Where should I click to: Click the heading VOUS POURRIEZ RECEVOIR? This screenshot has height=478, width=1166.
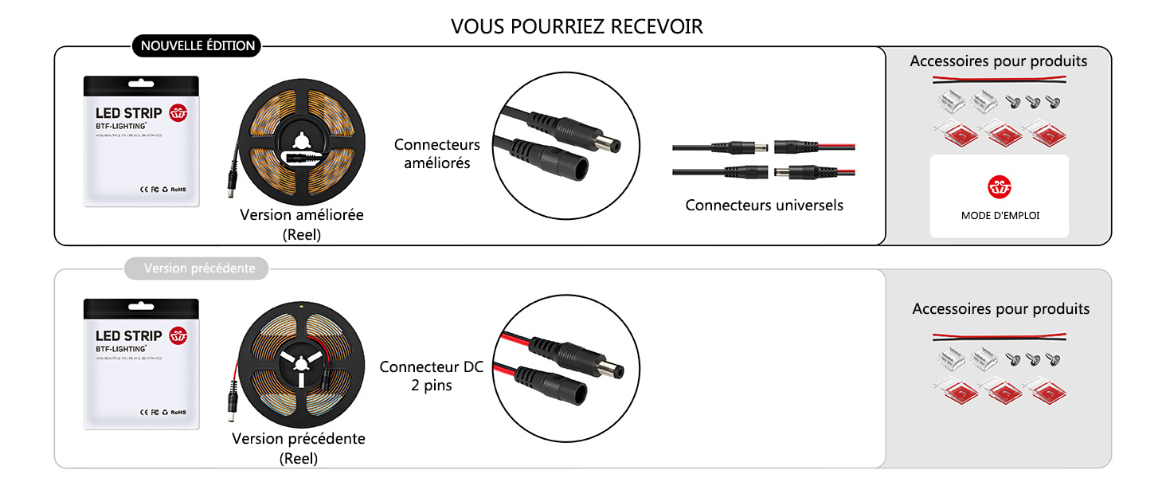coord(577,26)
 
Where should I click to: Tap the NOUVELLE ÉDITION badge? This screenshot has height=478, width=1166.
coord(198,46)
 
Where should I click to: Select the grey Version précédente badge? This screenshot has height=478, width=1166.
coord(199,268)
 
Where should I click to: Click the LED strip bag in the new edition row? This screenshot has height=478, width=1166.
coord(141,142)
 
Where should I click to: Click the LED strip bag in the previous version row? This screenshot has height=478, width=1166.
coord(141,364)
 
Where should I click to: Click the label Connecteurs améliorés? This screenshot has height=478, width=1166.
coord(436,154)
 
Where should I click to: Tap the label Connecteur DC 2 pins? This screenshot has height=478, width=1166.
coord(431,376)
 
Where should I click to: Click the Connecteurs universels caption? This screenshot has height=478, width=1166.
coord(764,206)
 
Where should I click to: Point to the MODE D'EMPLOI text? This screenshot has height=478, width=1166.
coord(1000,215)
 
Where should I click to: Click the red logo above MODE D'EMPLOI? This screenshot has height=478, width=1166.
coord(999,188)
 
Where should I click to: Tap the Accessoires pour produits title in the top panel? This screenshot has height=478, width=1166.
coord(998,61)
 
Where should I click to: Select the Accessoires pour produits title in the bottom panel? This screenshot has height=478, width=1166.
coord(1000,309)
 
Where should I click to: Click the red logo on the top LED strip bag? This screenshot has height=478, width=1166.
coord(178,113)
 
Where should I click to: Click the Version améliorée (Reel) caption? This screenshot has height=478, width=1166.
coord(301,225)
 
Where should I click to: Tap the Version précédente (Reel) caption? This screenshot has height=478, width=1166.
coord(298,449)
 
